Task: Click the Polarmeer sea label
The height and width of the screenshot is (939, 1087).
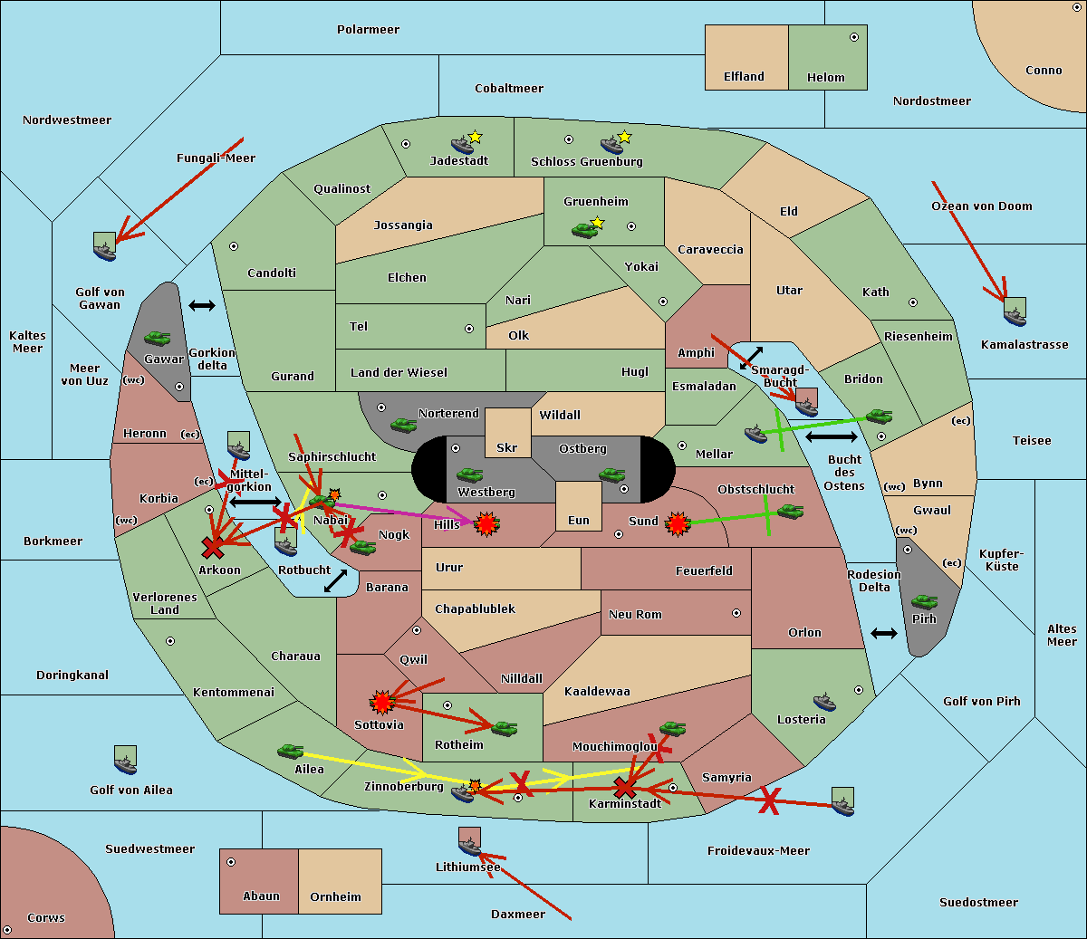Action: (x=368, y=30)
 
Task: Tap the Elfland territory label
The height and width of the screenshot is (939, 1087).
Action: (x=744, y=77)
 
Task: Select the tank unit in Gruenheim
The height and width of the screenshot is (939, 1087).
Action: (x=584, y=230)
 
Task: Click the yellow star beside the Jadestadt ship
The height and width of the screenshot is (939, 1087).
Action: (x=475, y=137)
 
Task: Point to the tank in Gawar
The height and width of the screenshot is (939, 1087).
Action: (x=158, y=338)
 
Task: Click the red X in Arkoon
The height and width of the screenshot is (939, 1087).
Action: (x=213, y=548)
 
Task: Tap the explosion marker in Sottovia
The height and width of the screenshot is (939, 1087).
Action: (x=382, y=702)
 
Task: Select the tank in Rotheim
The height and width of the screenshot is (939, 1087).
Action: (x=505, y=728)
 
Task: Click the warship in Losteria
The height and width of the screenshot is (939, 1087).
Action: (x=824, y=702)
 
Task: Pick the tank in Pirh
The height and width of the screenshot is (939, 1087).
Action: (x=924, y=601)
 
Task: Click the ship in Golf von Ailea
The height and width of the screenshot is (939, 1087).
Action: (x=126, y=761)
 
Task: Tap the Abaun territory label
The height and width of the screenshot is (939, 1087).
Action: (x=261, y=896)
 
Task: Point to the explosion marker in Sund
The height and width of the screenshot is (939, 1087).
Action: (x=678, y=524)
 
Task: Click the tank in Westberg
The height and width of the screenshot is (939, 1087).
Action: (x=469, y=474)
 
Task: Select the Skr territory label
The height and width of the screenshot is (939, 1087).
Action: (x=506, y=447)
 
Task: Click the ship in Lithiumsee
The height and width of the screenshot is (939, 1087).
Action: (x=469, y=842)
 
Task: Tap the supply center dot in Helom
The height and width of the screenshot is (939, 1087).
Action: (x=854, y=37)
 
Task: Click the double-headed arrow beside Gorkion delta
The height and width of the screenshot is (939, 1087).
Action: (x=202, y=305)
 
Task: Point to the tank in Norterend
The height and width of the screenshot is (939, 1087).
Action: (x=403, y=425)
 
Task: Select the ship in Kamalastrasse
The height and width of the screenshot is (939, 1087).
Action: (x=1015, y=311)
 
